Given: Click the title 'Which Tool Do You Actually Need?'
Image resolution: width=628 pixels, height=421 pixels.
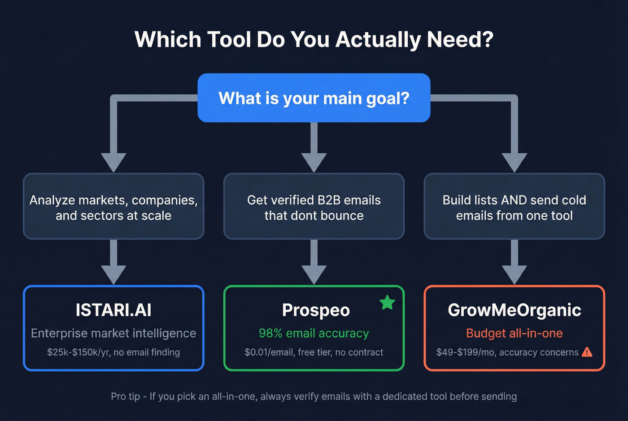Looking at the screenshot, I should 314,39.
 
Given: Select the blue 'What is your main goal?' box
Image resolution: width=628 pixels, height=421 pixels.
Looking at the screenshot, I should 314,98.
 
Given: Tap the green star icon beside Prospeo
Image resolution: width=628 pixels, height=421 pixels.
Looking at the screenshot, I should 387,303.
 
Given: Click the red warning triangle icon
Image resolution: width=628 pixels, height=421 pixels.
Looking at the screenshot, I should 587,352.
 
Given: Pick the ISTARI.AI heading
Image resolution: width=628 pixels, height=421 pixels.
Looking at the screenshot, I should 113,310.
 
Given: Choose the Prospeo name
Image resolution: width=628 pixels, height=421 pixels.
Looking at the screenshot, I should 316,310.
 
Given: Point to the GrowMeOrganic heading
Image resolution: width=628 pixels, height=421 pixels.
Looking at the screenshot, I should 515,310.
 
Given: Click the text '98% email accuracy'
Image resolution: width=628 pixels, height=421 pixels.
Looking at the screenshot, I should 314,333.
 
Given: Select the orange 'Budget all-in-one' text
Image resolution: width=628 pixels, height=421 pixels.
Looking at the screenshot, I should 515,333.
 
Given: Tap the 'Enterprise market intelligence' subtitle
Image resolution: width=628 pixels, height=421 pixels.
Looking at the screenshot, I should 113,333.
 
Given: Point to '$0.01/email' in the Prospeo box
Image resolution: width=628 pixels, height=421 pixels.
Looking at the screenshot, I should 268,352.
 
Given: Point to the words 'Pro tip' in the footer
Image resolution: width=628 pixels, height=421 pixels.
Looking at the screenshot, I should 125,396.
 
